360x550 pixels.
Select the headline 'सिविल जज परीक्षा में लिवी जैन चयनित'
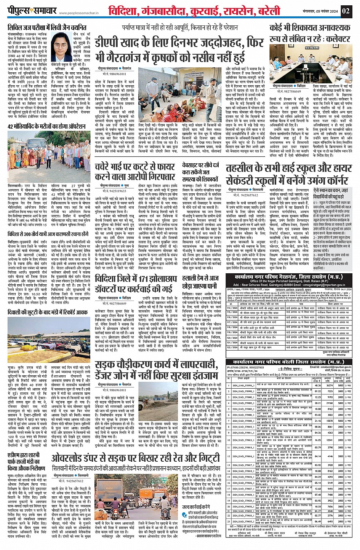click(47, 27)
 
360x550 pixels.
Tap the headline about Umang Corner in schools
click(289, 174)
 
